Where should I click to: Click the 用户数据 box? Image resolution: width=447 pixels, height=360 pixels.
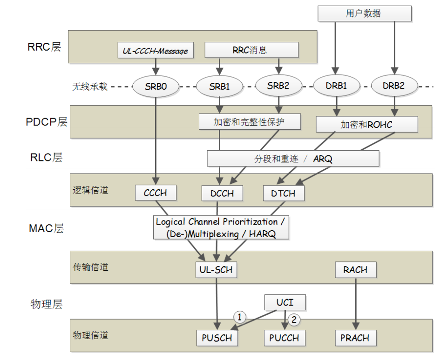tap(364, 13)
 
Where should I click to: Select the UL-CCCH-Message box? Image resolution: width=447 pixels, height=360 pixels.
tap(155, 50)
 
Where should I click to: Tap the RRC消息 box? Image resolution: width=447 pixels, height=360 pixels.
tap(251, 50)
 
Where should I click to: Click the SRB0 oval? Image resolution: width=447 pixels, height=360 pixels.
tap(156, 86)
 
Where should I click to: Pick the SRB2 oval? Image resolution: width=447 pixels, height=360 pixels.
tap(278, 86)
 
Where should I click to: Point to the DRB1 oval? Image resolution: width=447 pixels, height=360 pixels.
tap(336, 86)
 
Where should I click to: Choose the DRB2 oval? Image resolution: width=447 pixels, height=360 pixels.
tap(393, 86)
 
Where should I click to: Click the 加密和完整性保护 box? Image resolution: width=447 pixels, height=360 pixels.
tap(249, 122)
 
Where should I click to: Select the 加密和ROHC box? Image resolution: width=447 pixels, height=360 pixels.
tap(366, 124)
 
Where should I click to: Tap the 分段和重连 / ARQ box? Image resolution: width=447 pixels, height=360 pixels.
tap(293, 159)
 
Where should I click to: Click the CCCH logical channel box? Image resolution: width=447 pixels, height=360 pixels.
tap(156, 193)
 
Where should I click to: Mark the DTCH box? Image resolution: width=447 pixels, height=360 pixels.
tap(283, 193)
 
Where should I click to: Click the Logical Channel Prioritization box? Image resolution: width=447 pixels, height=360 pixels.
tap(221, 227)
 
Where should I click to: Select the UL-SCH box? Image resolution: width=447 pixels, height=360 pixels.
tap(216, 269)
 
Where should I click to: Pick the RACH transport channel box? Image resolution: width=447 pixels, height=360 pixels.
tap(355, 269)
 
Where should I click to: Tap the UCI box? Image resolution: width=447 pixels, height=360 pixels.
tap(285, 302)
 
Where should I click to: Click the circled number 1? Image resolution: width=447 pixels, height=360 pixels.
tap(239, 317)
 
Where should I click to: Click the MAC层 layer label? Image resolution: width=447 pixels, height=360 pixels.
tap(46, 228)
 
